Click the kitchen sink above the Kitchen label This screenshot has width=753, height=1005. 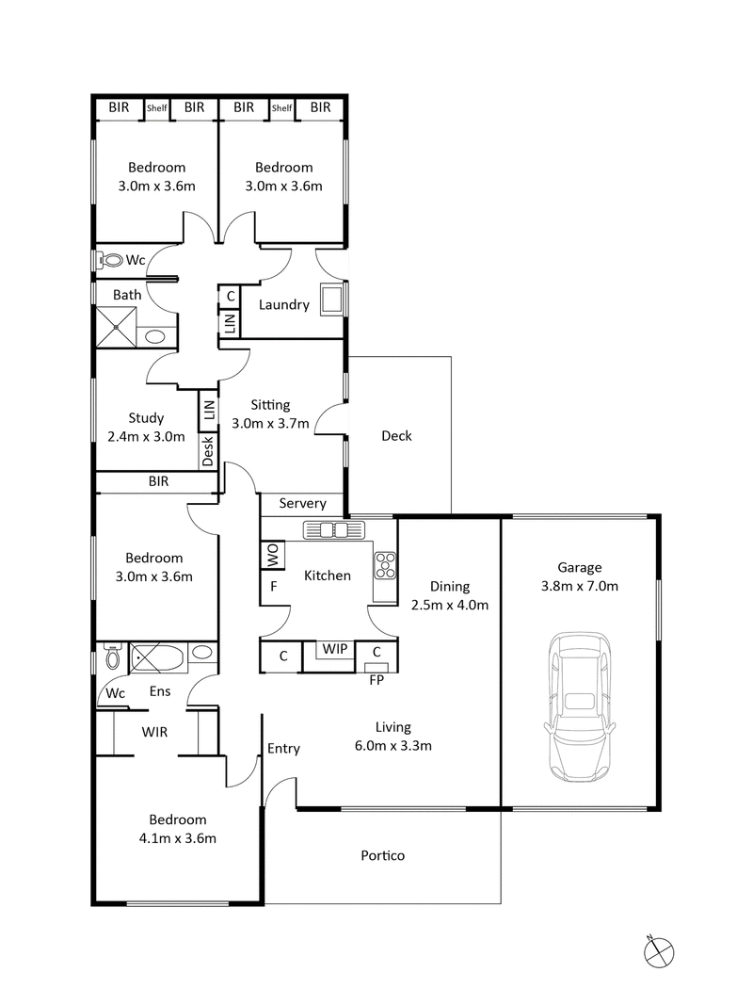tap(334, 530)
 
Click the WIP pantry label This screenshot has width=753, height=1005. tap(335, 649)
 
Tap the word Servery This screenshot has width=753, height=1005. tap(303, 504)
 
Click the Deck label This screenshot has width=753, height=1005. tap(396, 436)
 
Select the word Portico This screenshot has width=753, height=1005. tap(383, 856)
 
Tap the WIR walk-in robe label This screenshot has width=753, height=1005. tap(155, 731)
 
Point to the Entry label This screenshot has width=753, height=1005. tap(283, 749)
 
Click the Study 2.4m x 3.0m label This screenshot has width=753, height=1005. tap(146, 427)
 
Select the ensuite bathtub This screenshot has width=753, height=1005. tap(157, 656)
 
